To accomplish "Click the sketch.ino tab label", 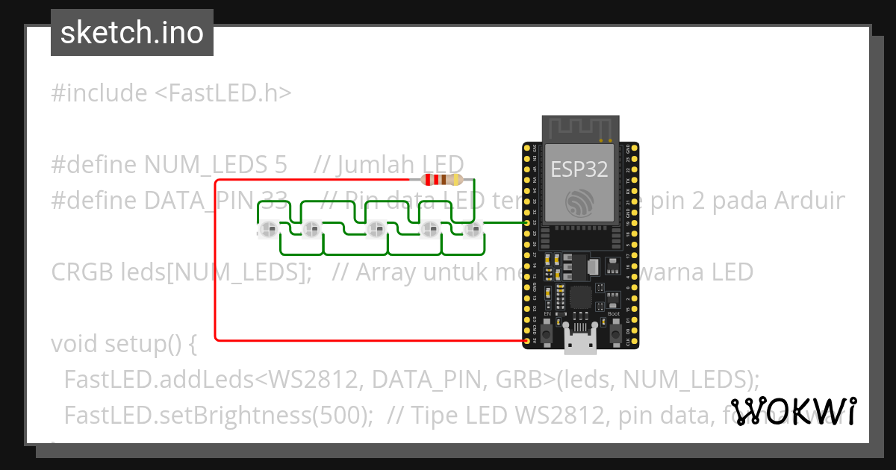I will click(x=132, y=33).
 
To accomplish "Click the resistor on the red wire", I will click(x=442, y=180).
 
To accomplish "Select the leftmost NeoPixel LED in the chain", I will click(x=270, y=228).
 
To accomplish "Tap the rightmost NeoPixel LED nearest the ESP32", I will click(x=470, y=228).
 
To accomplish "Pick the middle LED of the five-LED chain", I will click(x=376, y=228).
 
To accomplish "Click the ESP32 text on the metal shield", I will click(x=579, y=169).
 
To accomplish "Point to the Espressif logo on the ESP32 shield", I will click(x=579, y=203).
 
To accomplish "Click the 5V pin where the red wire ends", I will click(x=528, y=341).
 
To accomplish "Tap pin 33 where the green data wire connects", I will click(x=528, y=222).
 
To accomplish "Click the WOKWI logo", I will click(x=793, y=411).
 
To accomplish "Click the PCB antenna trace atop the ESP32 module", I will click(x=580, y=129).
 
